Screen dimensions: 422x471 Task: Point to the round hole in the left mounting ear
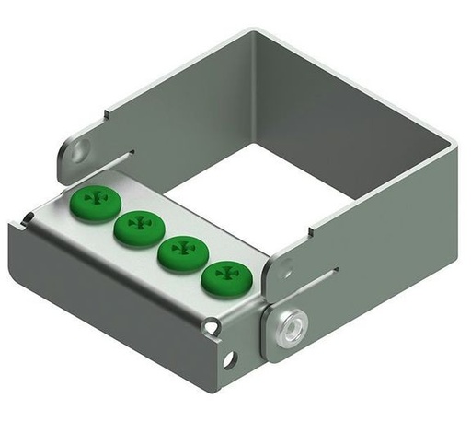[x=83, y=147]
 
